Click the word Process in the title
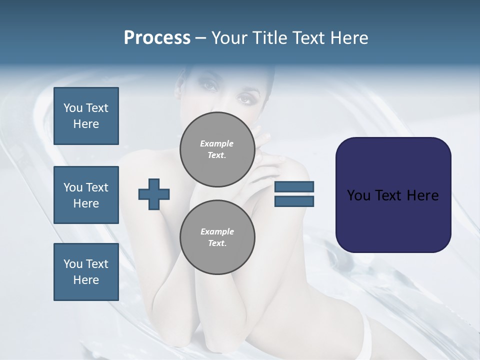(157, 38)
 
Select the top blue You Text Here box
(86, 116)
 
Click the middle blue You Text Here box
(86, 195)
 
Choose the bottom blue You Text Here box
(86, 271)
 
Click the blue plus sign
(154, 193)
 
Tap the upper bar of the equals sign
(294, 186)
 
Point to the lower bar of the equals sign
(294, 201)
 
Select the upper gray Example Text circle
(217, 149)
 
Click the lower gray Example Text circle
(217, 237)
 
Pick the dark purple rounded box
(393, 194)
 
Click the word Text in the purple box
(390, 195)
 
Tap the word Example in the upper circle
(217, 143)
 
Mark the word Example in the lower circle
(217, 231)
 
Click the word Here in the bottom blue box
(86, 280)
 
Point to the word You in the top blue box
(73, 108)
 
